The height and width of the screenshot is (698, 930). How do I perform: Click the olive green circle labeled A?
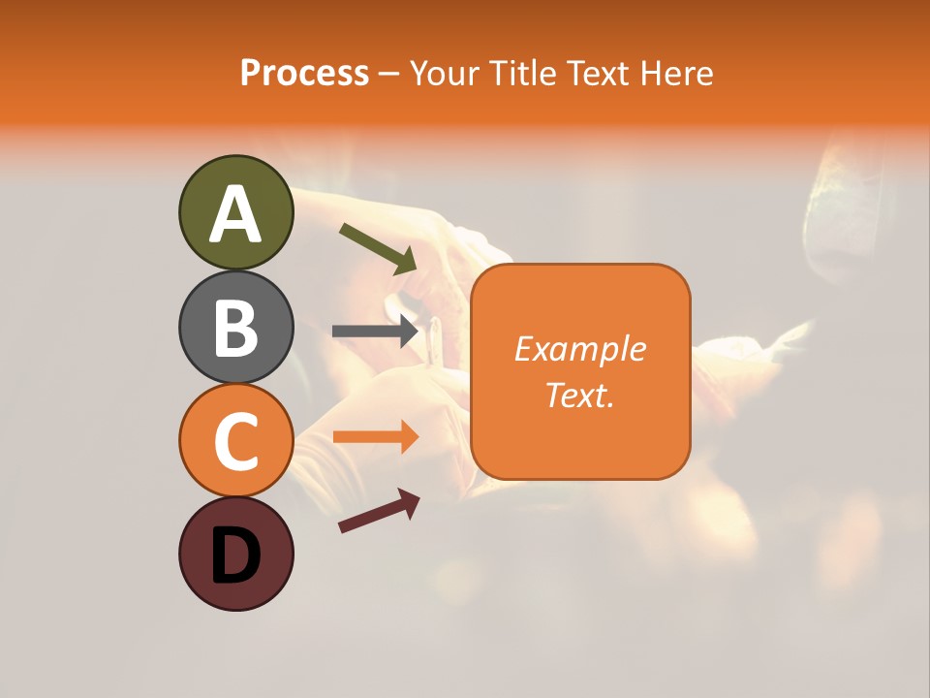tap(235, 212)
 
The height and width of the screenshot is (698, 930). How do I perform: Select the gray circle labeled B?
tap(235, 327)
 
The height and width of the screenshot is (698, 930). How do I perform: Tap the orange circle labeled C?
tap(235, 440)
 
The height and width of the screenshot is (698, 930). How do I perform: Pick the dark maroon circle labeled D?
tap(235, 554)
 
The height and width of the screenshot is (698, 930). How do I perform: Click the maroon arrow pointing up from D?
tap(379, 511)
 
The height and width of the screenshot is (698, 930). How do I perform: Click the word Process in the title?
tap(304, 74)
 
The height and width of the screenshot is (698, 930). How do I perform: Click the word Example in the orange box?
tap(580, 350)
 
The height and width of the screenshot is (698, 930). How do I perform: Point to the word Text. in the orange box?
tap(580, 395)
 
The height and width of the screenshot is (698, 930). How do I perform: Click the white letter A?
tap(235, 214)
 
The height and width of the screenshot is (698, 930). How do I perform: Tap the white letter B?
tap(235, 328)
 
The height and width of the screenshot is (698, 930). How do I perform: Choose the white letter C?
tap(235, 441)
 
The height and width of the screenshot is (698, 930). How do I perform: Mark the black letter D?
tap(235, 555)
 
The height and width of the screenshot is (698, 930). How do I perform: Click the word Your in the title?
tap(441, 74)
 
